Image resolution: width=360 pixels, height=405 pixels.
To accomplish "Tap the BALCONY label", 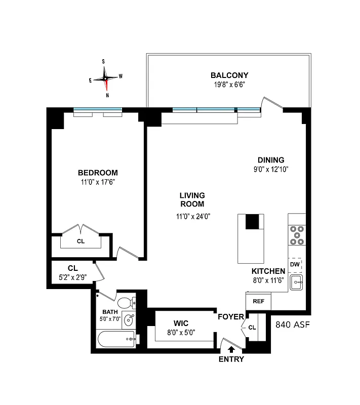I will pos(229,75).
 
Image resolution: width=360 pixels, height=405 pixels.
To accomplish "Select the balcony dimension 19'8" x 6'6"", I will pos(229,85).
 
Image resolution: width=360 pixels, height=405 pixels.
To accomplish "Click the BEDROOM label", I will pos(98,172).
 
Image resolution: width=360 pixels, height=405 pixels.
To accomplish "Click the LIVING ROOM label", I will pos(192,199).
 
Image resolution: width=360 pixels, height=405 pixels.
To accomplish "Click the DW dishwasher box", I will pos(295,264).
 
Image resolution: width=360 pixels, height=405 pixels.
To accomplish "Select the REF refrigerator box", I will pos(258,301).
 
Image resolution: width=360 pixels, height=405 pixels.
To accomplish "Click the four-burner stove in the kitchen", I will pos(296,235).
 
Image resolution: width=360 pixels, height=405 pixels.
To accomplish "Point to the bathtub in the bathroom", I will pos(116,339).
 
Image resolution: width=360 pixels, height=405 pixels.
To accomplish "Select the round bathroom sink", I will pos(130,320).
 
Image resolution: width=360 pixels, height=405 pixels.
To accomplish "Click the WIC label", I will pos(181,322).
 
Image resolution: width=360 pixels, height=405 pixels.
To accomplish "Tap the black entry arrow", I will pos(231,349).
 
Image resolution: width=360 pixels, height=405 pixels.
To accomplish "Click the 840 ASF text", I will pos(292,324).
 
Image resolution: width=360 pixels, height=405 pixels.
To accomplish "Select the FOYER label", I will pos(231,318).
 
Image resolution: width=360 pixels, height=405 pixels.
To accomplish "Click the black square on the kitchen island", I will pos(252,222).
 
